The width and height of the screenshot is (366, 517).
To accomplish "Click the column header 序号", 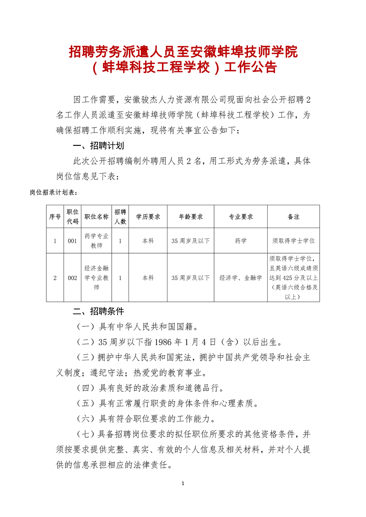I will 55,217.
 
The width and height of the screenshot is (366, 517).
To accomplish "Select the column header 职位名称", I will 97,217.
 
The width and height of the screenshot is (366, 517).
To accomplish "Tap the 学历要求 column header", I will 148,217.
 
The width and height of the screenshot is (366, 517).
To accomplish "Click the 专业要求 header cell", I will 241,217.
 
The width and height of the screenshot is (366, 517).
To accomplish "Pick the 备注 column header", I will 293,217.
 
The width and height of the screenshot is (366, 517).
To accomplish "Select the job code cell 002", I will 72,277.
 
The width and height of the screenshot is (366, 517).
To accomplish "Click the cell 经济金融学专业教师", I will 97,277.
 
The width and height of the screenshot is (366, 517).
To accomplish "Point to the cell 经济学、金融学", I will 241,277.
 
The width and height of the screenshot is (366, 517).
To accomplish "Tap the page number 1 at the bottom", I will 183,483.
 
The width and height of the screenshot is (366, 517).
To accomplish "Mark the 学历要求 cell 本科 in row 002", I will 148,277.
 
